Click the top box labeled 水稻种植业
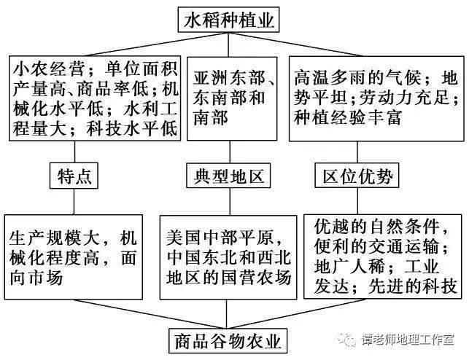(228, 20)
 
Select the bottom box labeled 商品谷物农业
(228, 341)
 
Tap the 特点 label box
(74, 176)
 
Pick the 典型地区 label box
(228, 176)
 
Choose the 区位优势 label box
(357, 176)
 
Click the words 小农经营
(50, 70)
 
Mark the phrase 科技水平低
(133, 129)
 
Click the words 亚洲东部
(229, 78)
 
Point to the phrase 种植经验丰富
(348, 117)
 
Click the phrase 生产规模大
(55, 238)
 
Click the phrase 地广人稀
(349, 267)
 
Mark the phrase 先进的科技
(413, 287)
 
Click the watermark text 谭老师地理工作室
(408, 340)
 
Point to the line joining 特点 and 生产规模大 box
(74, 201)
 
